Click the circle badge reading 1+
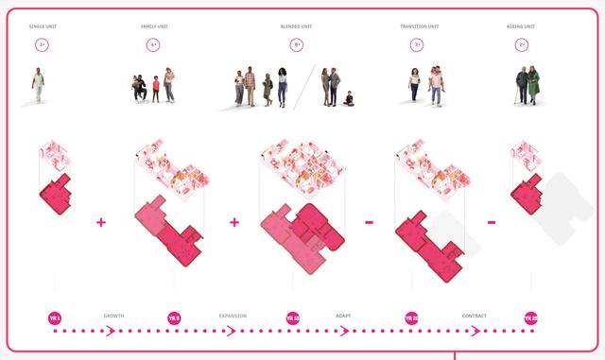point(43,44)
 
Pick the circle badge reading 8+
point(297,44)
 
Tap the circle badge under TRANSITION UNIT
point(417,44)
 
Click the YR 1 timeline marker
point(54,318)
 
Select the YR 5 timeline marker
point(174,318)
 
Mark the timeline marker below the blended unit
point(293,318)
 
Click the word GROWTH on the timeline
point(114,315)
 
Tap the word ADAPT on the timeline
point(343,315)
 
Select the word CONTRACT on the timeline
point(474,315)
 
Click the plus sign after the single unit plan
point(101,223)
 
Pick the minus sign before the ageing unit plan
point(492,223)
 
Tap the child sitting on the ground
point(350,98)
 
